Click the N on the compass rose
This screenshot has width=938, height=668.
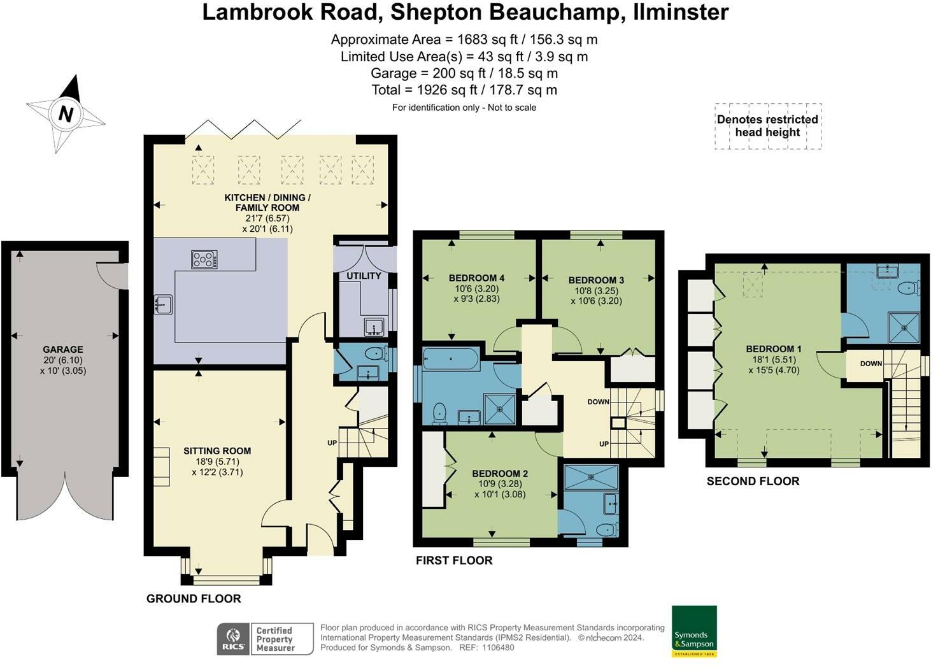coord(66,114)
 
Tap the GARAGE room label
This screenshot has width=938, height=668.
coord(63,350)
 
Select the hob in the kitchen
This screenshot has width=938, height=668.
coord(204,259)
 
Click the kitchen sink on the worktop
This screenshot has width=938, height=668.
coord(163,304)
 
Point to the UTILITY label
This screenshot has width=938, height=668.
coord(364,276)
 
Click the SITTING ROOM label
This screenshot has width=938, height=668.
coord(217,451)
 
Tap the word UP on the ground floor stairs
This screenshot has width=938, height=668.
coord(332,443)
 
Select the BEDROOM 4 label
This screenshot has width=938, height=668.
coord(476,278)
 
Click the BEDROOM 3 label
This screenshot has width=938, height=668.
coord(596,280)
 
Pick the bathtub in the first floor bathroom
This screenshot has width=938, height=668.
coord(451,359)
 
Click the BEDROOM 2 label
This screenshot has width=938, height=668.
coord(500,473)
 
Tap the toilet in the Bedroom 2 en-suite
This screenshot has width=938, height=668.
coord(608,530)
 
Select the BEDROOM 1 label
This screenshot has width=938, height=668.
coord(774,348)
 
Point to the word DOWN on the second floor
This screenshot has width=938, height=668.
coord(871,364)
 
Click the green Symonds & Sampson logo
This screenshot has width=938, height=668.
coord(694,631)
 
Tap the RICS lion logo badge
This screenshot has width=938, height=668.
coord(233,639)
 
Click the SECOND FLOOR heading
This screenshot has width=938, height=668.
coord(753,481)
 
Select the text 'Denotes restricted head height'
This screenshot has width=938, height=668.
coord(767,125)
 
